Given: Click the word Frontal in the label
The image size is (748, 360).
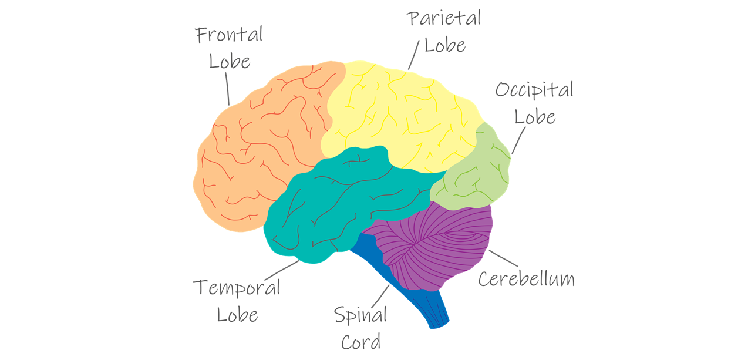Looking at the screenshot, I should (229, 35).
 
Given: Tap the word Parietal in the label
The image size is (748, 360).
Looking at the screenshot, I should (444, 18).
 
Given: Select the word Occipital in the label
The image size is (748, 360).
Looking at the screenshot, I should (534, 90).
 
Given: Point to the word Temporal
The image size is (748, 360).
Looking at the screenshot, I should (236, 288).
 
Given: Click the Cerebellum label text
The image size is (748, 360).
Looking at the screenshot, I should (526, 278).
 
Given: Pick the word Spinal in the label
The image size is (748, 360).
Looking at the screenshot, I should (360, 315).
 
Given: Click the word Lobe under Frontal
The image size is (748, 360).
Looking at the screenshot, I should (230, 61).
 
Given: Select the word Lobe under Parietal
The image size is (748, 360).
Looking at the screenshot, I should (444, 45).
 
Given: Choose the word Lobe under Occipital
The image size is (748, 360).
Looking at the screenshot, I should (534, 116).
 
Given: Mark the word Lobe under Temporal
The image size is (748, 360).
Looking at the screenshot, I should (237, 314).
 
